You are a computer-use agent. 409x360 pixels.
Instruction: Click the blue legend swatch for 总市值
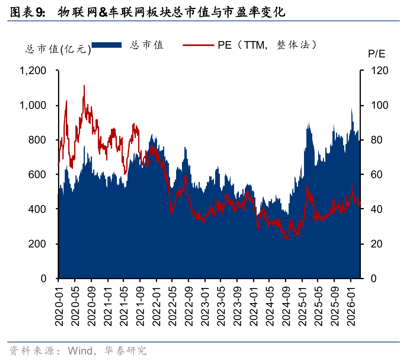tap(106, 45)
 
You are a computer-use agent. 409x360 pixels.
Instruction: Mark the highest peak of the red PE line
tap(84, 86)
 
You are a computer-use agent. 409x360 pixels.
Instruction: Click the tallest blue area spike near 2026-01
tap(351, 109)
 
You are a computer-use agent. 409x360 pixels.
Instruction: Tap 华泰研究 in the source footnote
tap(125, 350)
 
